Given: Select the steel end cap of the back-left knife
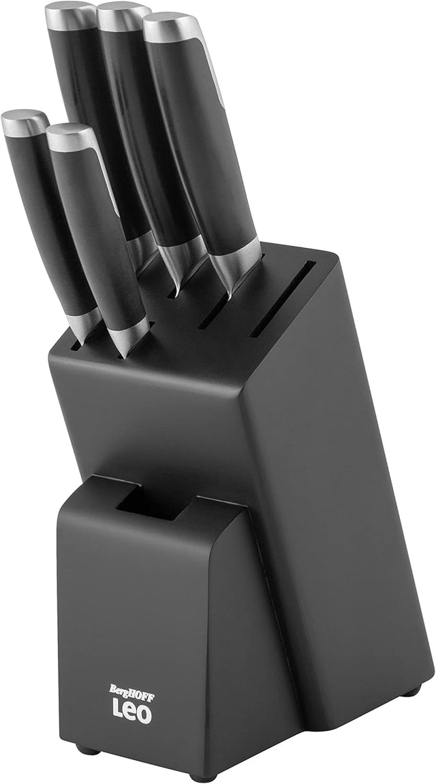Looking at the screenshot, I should click(x=70, y=14).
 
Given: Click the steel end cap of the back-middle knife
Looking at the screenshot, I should click(x=123, y=14).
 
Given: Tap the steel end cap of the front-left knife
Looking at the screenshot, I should click(x=25, y=122).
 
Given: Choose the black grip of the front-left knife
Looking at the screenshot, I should click(x=48, y=218).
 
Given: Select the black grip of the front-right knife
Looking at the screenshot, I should click(x=99, y=232).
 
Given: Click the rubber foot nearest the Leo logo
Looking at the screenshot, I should click(x=87, y=750).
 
